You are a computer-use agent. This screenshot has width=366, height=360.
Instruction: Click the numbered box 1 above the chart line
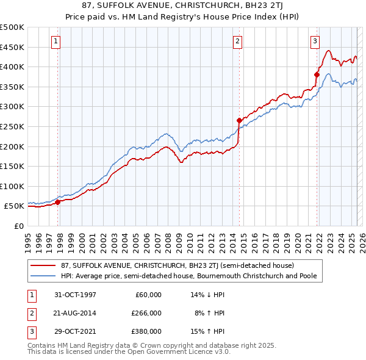click(x=56, y=41)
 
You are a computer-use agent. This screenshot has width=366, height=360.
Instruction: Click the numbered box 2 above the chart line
click(x=237, y=41)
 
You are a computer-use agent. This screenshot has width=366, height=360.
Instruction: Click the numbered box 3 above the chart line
click(x=315, y=41)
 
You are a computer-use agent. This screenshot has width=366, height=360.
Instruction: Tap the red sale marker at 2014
click(x=239, y=120)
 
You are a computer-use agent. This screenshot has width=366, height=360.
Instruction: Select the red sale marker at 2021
click(x=317, y=74)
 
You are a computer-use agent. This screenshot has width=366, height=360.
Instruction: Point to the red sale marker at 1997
click(x=58, y=202)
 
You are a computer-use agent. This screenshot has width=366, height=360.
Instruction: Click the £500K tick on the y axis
click(x=12, y=27)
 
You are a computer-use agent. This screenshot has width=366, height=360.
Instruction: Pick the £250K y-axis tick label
click(x=12, y=126)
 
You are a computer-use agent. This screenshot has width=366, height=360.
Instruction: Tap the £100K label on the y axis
click(x=12, y=186)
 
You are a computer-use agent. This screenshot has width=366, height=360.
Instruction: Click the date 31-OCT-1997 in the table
click(x=75, y=295)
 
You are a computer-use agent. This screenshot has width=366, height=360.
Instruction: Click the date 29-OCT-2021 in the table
click(x=75, y=331)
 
